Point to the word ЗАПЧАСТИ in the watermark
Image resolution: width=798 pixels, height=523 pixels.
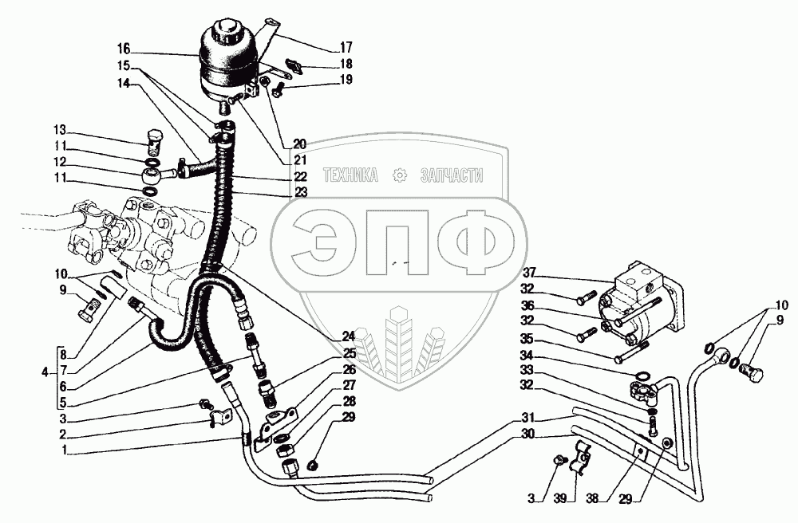click(452, 175)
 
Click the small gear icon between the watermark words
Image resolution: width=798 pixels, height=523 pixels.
click(399, 175)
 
